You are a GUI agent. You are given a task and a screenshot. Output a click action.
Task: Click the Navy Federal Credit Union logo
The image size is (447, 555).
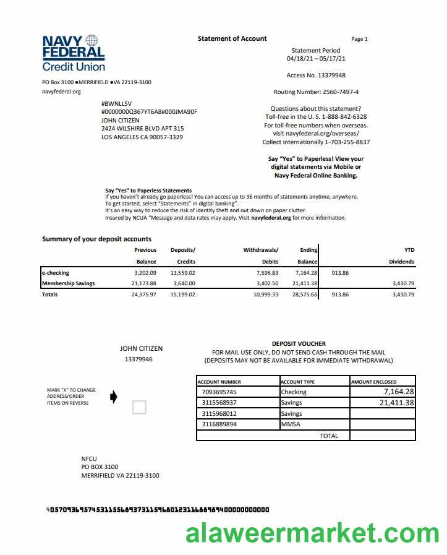click(x=74, y=53)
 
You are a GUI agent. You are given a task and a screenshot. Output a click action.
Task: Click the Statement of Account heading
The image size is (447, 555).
click(x=232, y=38)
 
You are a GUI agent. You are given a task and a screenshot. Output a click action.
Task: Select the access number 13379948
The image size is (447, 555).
click(x=330, y=75)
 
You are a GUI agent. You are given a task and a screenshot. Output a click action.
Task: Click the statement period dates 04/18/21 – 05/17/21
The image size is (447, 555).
click(x=316, y=59)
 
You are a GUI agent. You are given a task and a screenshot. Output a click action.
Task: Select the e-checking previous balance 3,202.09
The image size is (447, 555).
click(x=145, y=272)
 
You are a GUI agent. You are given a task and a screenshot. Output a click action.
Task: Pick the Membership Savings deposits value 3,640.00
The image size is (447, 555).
click(x=183, y=283)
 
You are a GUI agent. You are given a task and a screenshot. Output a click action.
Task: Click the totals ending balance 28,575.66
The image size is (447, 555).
click(x=305, y=295)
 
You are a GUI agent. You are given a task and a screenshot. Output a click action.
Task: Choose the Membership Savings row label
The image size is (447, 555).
click(x=68, y=283)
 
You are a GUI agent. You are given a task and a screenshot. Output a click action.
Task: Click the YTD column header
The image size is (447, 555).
click(x=409, y=250)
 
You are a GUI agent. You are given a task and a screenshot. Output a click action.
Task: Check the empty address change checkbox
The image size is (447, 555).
click(x=140, y=407)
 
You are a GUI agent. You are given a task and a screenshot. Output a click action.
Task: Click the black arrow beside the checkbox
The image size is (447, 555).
click(x=113, y=397)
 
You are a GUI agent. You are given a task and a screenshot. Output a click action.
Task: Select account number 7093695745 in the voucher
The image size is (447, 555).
click(x=219, y=392)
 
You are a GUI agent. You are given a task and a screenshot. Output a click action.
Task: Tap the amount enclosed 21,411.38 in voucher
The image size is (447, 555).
click(x=397, y=403)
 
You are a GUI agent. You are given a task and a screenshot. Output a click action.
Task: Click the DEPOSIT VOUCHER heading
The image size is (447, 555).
click(x=299, y=343)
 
